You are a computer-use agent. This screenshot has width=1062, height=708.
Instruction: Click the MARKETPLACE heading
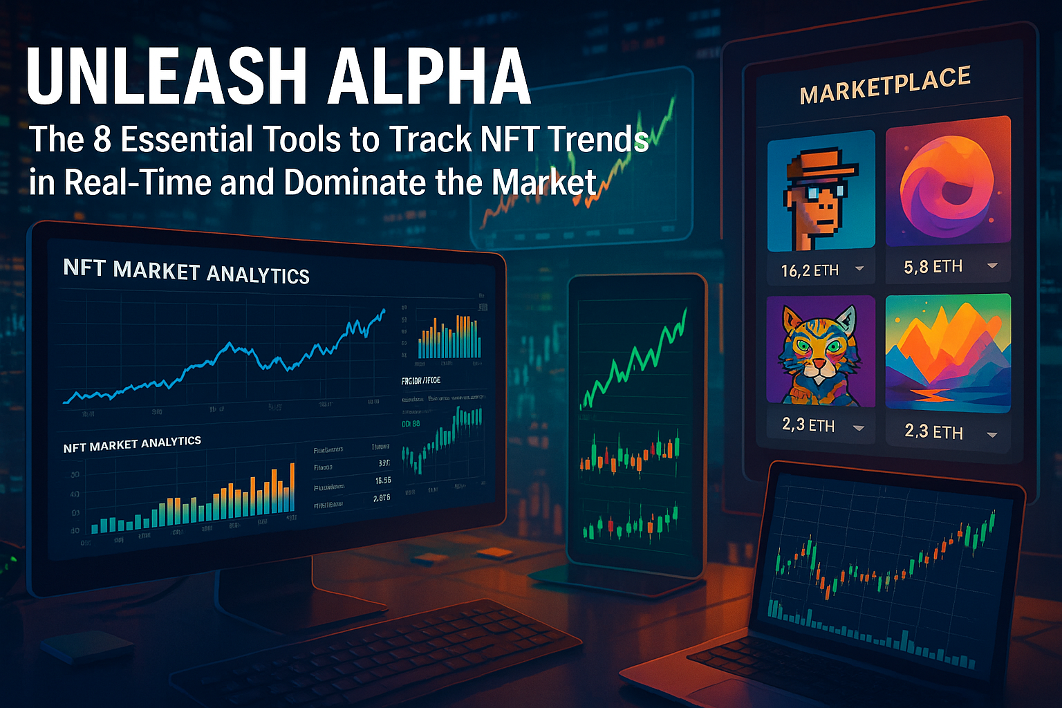[x=885, y=86]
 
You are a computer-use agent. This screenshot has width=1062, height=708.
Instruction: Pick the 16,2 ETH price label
[x=810, y=270]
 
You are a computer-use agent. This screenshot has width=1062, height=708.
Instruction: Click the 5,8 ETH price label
[x=933, y=267]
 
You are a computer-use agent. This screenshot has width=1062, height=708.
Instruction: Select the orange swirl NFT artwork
[x=948, y=182]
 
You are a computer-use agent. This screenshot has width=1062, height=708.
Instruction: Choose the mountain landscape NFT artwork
[x=948, y=353]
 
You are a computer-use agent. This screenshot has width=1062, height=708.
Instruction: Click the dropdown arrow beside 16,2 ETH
[x=859, y=268]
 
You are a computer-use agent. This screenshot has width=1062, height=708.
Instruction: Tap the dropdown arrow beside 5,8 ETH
[x=992, y=265]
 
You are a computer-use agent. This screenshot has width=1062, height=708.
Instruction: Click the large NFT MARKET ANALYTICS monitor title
[x=186, y=271]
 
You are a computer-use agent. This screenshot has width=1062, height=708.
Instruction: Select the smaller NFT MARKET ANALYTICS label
[x=132, y=444]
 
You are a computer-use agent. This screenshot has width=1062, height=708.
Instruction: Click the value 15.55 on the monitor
[x=382, y=480]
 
